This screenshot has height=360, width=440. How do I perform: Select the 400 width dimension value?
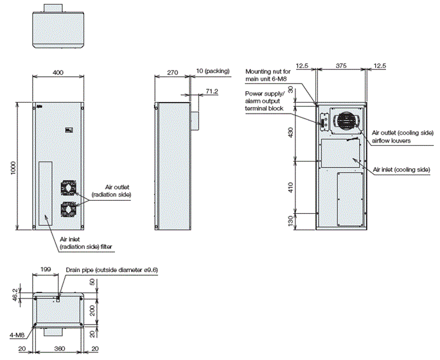[58, 73]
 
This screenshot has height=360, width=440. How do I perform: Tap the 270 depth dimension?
[172, 73]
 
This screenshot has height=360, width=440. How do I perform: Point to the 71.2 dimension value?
[211, 91]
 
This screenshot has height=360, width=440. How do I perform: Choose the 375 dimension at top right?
[342, 65]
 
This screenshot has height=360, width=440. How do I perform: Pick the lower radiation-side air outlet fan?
[69, 209]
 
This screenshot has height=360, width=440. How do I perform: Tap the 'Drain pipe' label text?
[112, 270]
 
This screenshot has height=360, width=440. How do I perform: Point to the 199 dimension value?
[44, 270]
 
